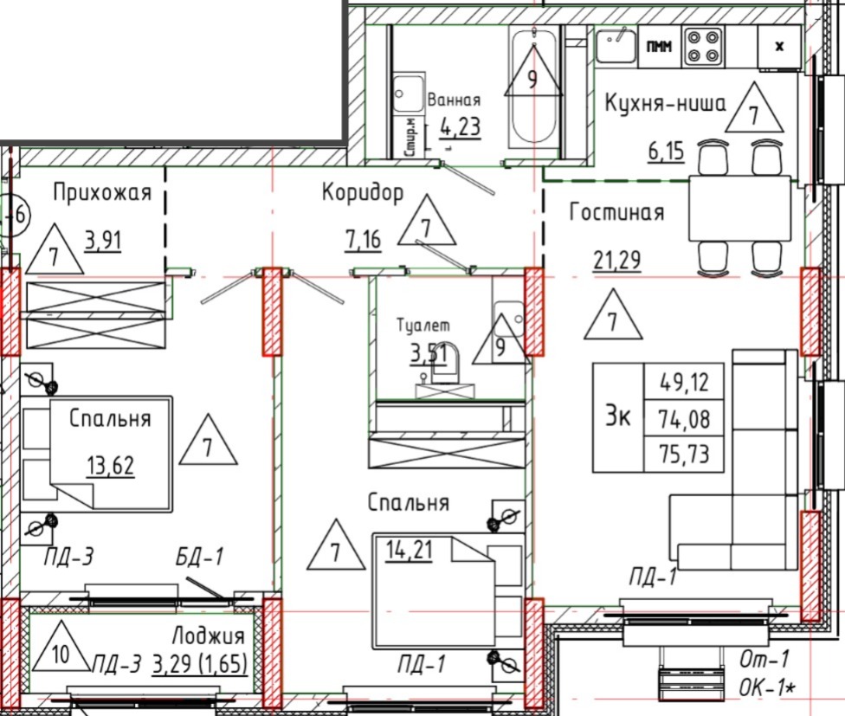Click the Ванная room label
454,100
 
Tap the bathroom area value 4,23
460,127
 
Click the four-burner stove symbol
703,47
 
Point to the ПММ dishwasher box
660,47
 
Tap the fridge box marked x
779,47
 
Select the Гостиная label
617,212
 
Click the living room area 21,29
617,261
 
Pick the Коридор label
363,192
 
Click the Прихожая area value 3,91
103,241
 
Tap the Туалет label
423,325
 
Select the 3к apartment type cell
618,417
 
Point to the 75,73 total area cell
684,455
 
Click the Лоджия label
209,636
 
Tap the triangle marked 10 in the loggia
61,648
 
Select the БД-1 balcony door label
199,557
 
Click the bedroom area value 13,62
111,466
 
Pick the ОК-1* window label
767,688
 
